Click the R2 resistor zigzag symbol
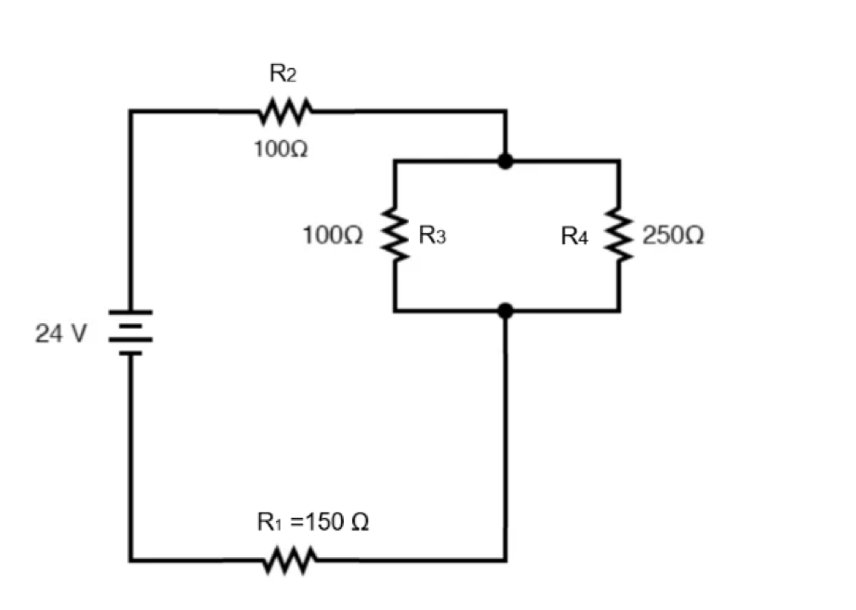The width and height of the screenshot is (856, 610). point(284,112)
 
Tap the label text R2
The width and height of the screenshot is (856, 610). point(284,75)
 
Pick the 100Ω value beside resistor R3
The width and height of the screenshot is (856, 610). point(333,237)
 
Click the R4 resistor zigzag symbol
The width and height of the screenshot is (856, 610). point(619,236)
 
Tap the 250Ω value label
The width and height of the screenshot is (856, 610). point(673,237)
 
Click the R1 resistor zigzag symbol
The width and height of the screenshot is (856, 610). point(290,560)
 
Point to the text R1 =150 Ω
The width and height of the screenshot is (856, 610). point(313,523)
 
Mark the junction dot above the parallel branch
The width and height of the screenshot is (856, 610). point(506,162)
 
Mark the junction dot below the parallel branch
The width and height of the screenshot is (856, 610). point(506,311)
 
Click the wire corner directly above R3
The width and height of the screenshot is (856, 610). point(395,162)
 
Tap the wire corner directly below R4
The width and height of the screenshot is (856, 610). point(619,311)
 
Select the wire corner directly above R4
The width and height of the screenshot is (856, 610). point(619,162)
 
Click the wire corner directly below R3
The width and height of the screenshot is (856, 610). point(395,311)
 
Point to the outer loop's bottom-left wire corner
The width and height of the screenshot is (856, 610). point(131,560)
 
